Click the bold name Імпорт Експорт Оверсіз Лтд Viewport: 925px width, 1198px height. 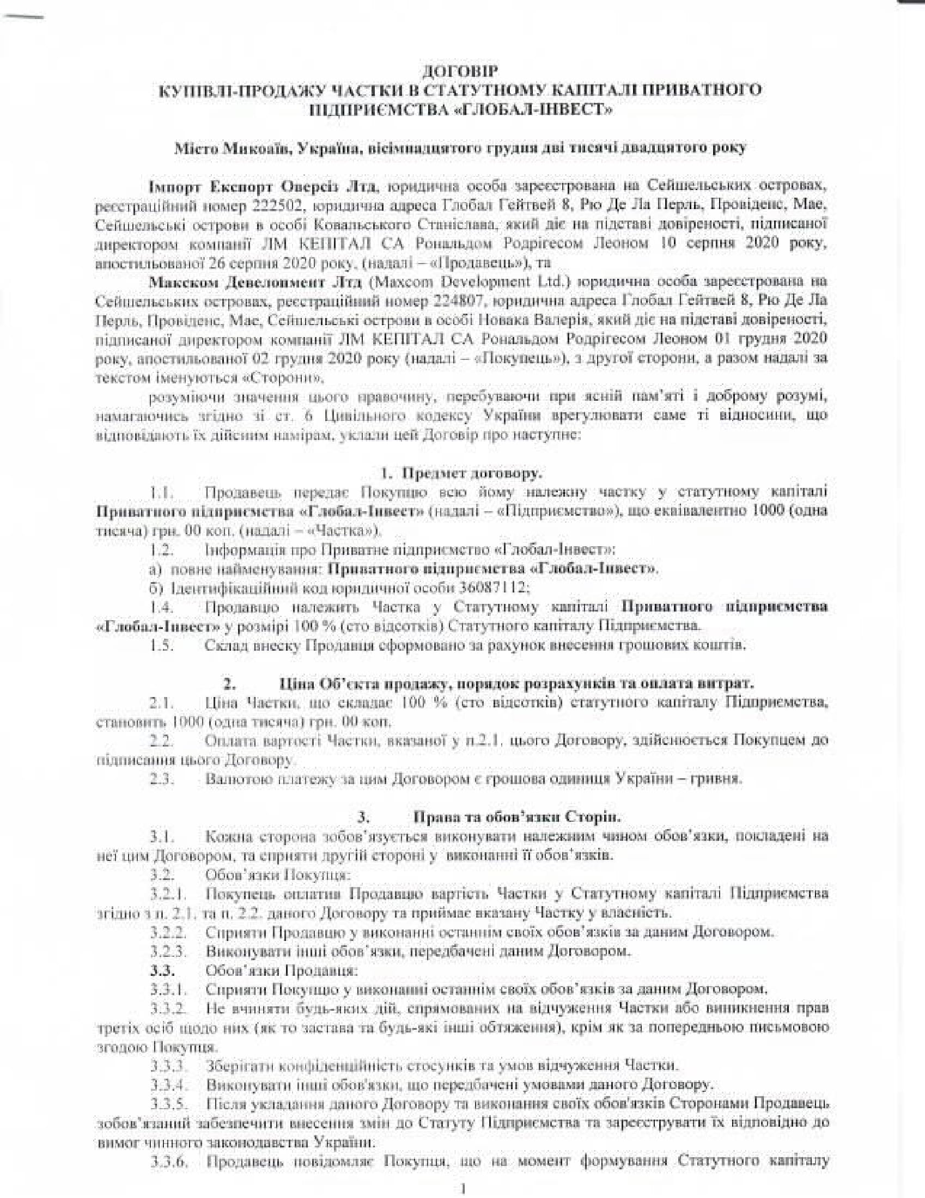(263, 186)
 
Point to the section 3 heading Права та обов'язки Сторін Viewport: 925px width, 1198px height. (516, 817)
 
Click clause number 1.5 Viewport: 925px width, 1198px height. (163, 645)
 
